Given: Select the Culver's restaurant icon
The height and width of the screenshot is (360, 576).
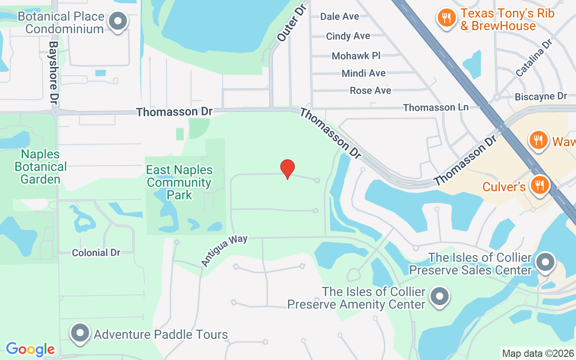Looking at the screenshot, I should point(539,186).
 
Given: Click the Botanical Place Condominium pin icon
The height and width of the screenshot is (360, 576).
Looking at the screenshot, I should point(118,22).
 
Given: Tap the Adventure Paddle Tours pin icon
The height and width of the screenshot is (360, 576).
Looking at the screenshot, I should point(81,334).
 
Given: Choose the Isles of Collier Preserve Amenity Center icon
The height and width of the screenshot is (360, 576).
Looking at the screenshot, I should point(439,297).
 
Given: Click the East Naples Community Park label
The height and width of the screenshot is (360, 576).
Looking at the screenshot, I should point(179,182).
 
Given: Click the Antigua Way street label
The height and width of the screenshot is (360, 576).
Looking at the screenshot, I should point(224,250).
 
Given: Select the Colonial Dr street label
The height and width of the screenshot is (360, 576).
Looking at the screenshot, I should point(96,252).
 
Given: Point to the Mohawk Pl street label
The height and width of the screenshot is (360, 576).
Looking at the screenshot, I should point(356,56).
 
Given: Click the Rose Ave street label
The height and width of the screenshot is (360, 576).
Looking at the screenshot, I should point(370,90).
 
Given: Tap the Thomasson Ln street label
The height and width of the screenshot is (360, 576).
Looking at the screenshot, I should point(436,108).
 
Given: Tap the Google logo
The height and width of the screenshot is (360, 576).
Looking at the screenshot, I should point(30,349).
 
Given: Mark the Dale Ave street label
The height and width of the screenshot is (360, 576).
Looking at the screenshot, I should point(340,17).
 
